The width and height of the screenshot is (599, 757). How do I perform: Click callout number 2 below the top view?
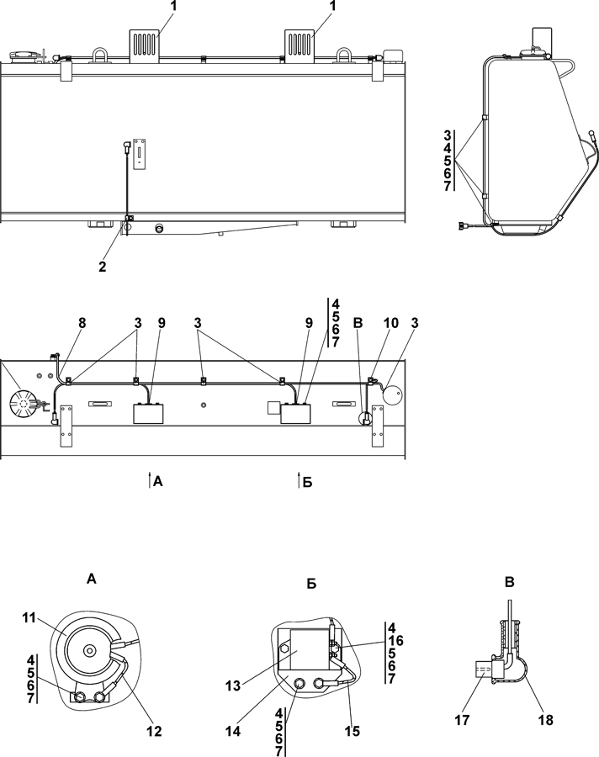click(x=103, y=267)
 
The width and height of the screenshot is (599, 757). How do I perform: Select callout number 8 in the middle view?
click(x=82, y=323)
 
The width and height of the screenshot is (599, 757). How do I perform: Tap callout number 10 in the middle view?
click(x=391, y=323)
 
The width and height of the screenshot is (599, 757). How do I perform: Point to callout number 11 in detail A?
click(x=29, y=617)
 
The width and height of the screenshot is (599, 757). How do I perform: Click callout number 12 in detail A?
click(x=154, y=732)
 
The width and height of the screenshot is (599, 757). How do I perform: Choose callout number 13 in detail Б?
click(x=233, y=686)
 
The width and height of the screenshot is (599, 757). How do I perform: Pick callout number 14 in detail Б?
click(x=233, y=732)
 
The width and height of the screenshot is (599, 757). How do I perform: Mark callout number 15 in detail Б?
click(x=353, y=732)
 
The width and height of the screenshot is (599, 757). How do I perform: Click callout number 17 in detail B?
click(x=463, y=720)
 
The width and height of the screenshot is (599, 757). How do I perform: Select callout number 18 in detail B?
click(x=545, y=720)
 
